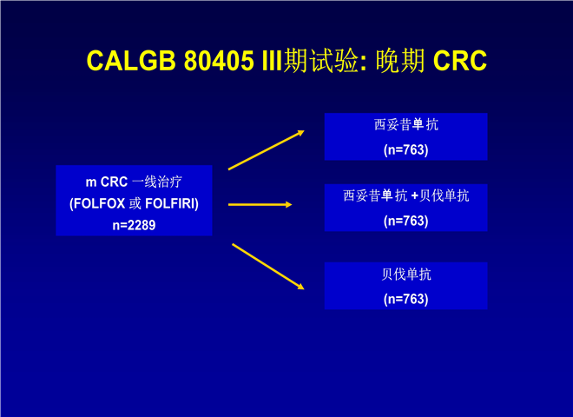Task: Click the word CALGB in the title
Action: click(131, 60)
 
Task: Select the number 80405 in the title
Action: click(219, 60)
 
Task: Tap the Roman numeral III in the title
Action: click(273, 60)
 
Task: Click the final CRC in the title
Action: click(460, 60)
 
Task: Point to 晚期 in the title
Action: click(400, 60)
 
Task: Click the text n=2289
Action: click(134, 225)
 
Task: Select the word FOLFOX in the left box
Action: click(99, 203)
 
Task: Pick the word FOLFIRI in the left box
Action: click(170, 203)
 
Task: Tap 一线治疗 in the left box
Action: click(157, 182)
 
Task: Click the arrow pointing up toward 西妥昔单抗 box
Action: click(267, 150)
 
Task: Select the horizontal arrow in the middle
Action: click(260, 205)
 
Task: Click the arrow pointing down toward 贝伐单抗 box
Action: click(268, 267)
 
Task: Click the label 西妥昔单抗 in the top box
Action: click(406, 125)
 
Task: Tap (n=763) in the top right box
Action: click(406, 149)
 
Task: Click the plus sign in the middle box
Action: click(414, 196)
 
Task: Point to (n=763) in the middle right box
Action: click(406, 221)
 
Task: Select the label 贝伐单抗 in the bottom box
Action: click(406, 274)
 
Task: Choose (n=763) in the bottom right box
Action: click(406, 299)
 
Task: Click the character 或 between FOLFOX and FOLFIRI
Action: click(135, 203)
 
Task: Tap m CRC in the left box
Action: click(106, 182)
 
